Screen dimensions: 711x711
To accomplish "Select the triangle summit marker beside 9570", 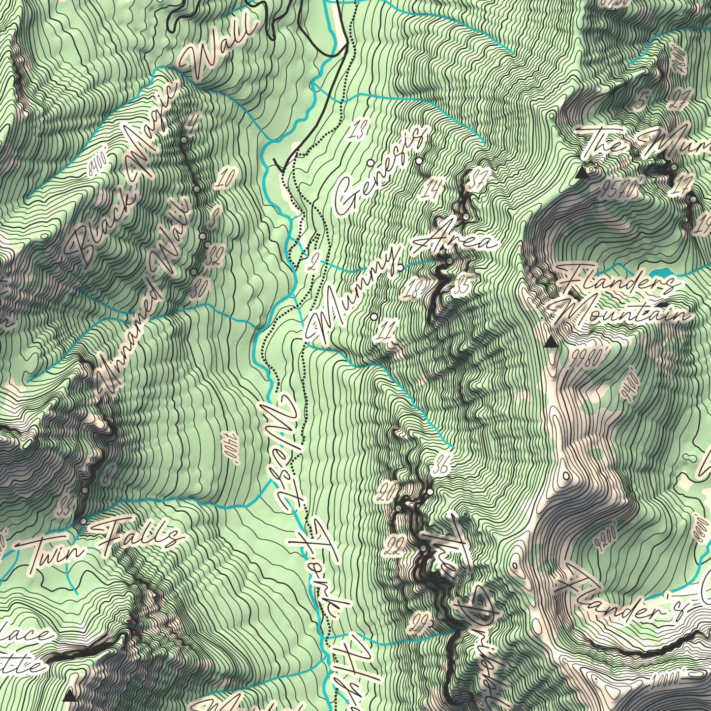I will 583,173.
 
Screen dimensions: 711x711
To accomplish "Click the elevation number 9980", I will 587,359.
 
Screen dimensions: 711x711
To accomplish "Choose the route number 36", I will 440,468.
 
